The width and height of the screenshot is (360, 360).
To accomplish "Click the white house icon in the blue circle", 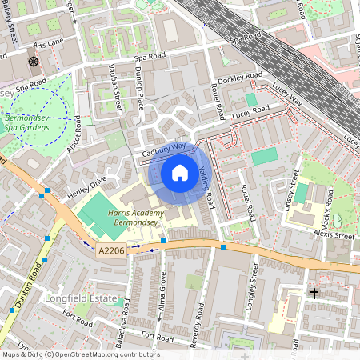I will [x=180, y=173].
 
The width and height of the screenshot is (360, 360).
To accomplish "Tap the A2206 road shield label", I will [x=111, y=250].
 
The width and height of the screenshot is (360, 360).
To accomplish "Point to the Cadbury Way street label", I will [x=162, y=150].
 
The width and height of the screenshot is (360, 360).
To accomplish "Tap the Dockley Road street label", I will [x=241, y=77].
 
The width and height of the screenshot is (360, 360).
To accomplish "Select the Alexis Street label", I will [x=333, y=237].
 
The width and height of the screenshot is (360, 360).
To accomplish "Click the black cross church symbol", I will [x=314, y=294].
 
